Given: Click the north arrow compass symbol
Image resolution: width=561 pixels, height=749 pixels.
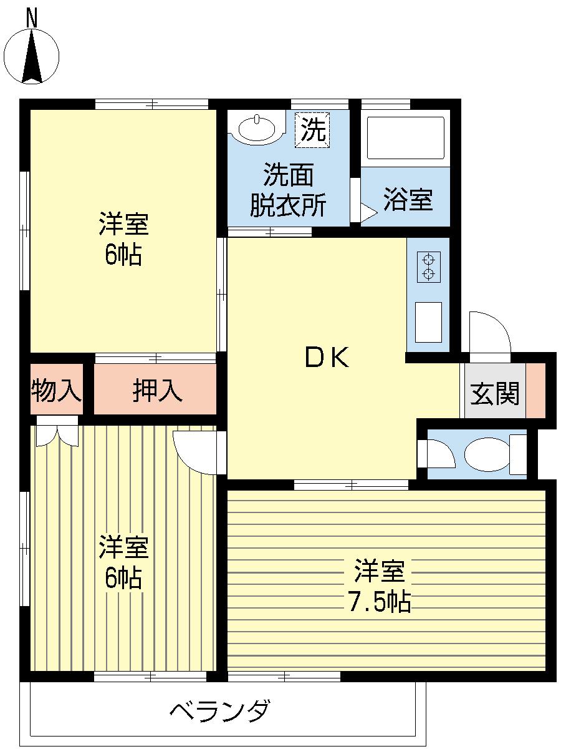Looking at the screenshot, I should (32, 56).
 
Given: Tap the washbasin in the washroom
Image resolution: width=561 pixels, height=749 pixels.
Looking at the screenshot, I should (257, 129).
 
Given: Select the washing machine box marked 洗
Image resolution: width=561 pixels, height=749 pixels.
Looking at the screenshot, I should (312, 130).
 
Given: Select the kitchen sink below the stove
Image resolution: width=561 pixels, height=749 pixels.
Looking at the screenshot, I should (428, 321).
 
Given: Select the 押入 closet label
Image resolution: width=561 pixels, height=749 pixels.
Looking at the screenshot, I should (157, 391).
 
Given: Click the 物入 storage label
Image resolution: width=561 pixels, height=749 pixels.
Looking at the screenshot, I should (56, 391).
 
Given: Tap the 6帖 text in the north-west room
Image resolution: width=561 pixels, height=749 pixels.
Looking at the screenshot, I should (123, 255).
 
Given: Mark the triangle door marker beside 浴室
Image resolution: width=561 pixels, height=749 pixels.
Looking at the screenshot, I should (368, 213).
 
